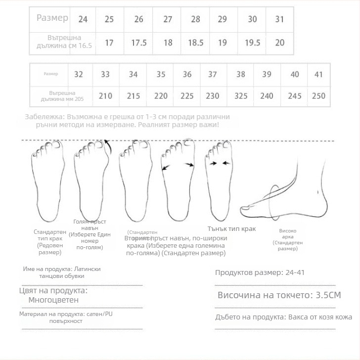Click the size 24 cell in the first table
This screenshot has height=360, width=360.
(83, 20)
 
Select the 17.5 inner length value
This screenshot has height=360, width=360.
(139, 43)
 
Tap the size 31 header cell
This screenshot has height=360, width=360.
(280, 20)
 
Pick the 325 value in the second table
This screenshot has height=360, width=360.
(241, 96)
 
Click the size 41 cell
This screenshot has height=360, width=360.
(318, 75)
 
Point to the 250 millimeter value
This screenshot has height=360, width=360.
(318, 96)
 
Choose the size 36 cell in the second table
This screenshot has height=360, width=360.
(187, 75)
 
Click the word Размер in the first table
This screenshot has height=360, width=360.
(52, 18)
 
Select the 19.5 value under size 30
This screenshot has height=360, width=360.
(252, 43)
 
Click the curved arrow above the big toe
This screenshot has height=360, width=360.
(107, 144)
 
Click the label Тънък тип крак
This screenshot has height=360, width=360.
(231, 228)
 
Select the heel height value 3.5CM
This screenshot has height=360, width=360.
(328, 295)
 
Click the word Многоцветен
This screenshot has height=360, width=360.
(53, 300)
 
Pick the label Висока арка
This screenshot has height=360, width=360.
(287, 231)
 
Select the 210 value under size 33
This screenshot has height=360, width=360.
(105, 96)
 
